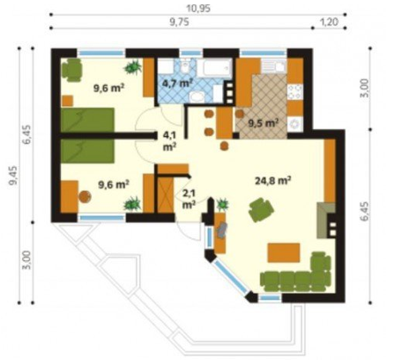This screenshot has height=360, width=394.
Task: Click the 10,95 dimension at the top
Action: point(198,9)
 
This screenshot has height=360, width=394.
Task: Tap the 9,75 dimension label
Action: point(179,22)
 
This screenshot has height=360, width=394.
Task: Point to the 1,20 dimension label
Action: point(329,22)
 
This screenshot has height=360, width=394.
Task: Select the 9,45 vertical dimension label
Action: point(14,176)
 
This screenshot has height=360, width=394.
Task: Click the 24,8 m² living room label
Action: point(273,181)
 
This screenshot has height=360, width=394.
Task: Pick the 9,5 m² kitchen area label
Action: point(263,123)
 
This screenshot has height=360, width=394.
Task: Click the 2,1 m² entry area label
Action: point(189,199)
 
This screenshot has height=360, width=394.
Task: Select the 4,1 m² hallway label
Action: point(169,141)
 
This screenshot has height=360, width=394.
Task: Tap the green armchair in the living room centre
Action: point(262,210)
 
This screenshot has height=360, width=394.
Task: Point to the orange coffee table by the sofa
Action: point(284,252)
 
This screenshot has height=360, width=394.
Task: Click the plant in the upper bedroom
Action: point(132,67)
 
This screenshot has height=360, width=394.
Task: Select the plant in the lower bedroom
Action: point(132,203)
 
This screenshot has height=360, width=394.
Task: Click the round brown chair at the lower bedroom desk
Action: point(85,196)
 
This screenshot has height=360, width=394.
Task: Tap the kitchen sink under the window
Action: point(274,67)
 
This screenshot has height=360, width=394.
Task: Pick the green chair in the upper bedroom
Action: point(71,70)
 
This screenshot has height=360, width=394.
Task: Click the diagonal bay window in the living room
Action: point(231,276)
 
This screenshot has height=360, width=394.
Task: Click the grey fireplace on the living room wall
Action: point(326,220)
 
